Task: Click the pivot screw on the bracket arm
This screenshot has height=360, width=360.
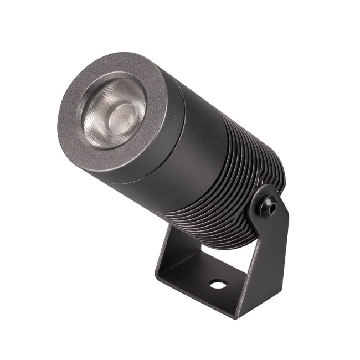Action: click(270, 207)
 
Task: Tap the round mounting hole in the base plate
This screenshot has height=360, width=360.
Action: click(218, 285)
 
